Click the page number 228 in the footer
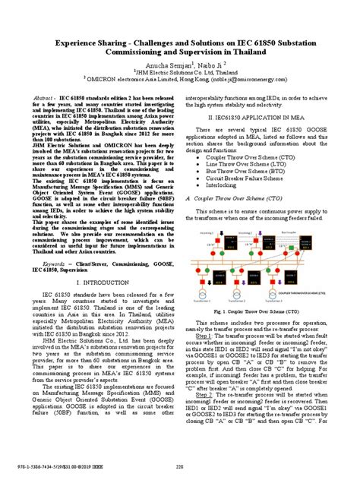click(x=179, y=467)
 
